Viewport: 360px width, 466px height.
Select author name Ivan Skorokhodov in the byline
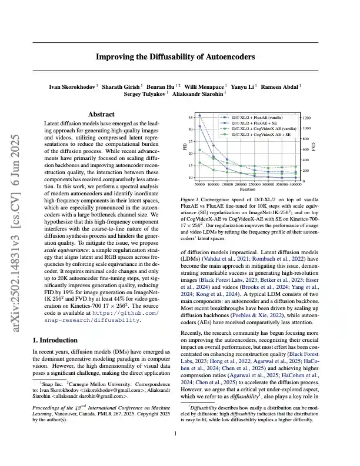coord(72,86)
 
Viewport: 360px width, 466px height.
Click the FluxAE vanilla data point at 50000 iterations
coord(200,115)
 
